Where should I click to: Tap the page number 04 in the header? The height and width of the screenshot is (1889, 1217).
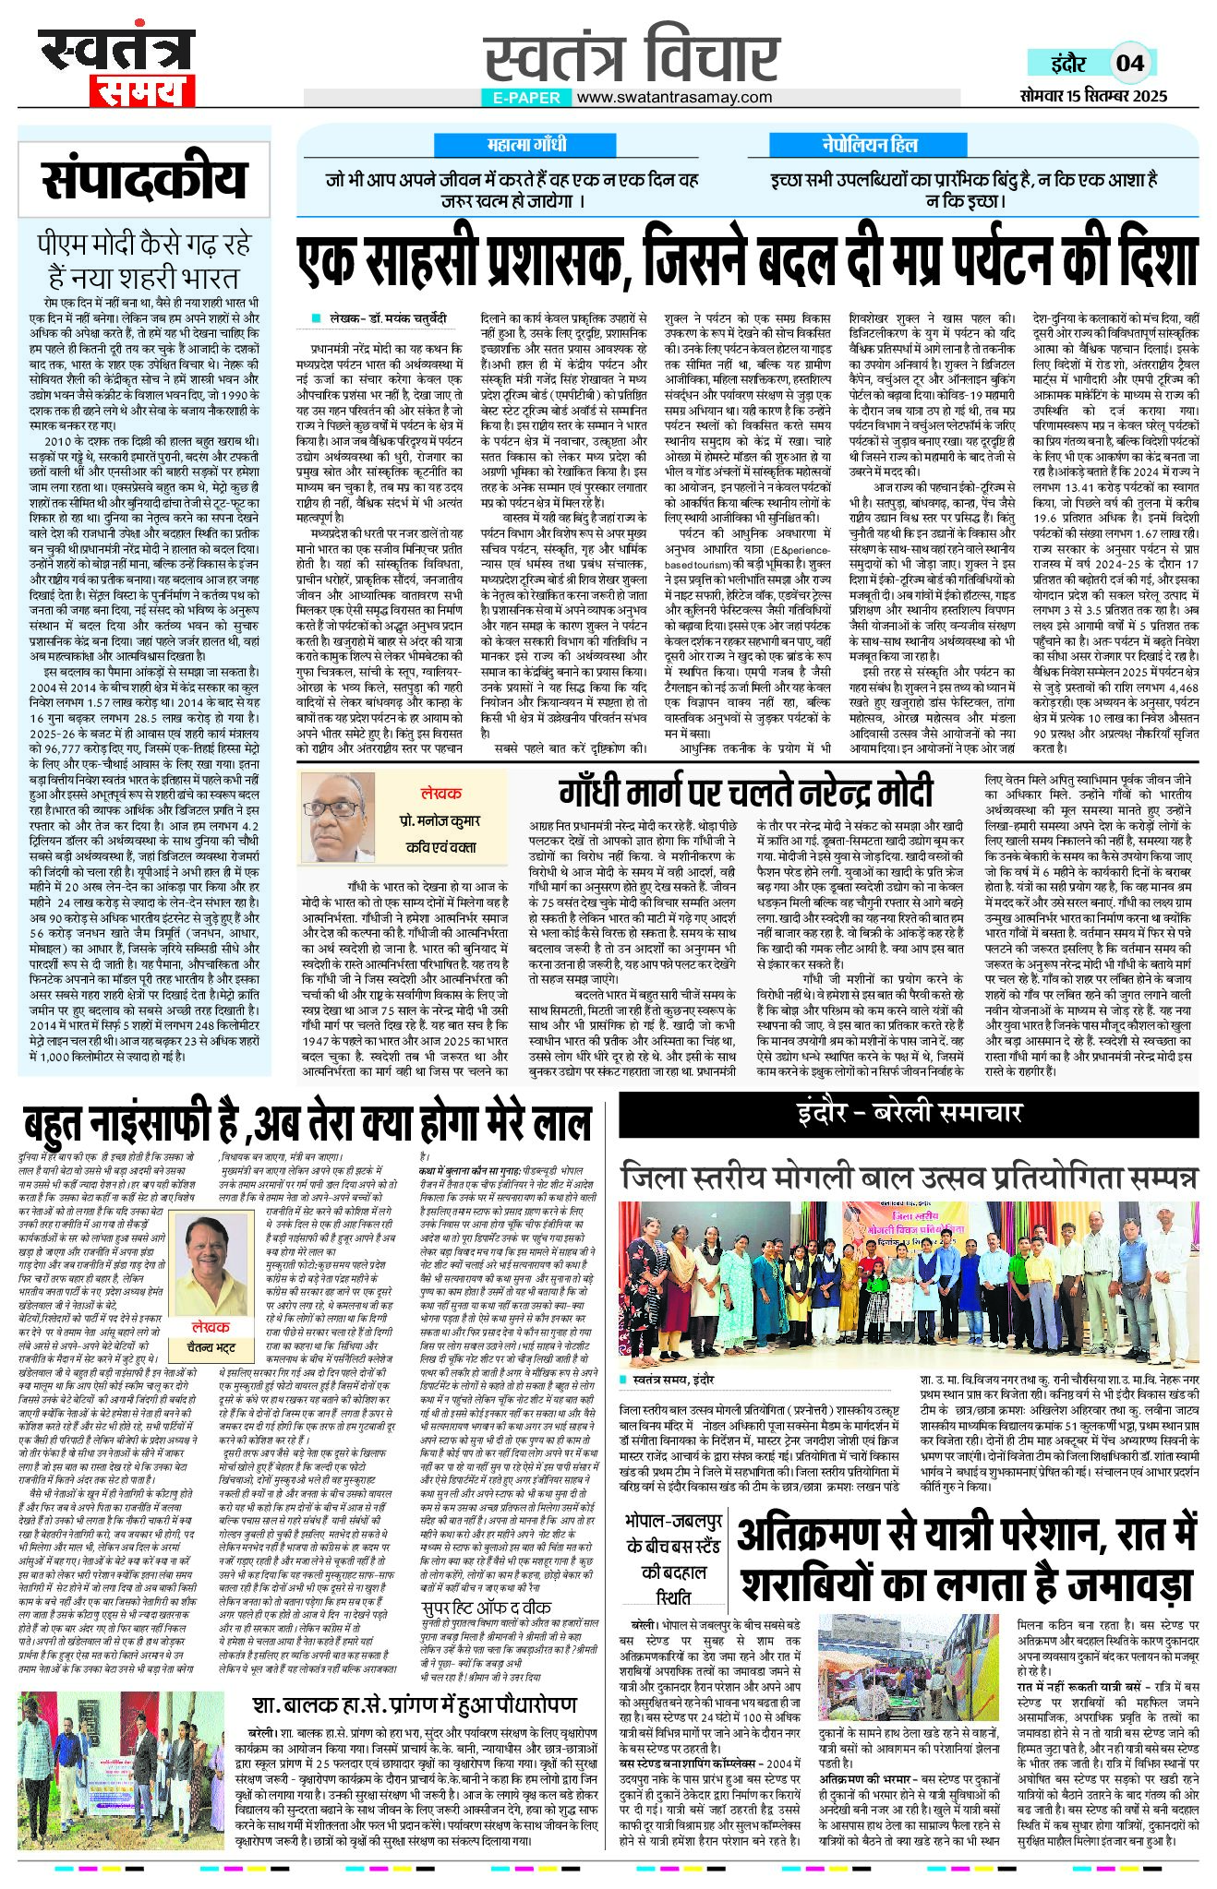click(1130, 63)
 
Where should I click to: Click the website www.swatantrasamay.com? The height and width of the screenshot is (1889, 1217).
click(675, 97)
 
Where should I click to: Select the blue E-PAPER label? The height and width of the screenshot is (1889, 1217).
click(526, 97)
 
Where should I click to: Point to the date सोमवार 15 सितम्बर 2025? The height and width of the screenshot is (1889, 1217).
click(1094, 96)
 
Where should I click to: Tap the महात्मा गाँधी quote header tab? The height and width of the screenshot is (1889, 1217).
click(526, 145)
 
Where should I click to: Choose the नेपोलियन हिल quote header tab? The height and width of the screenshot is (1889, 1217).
click(870, 145)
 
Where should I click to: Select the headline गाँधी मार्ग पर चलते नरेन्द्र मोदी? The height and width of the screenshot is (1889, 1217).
click(745, 792)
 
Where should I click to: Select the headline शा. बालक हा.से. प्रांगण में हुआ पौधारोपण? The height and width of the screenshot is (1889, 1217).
click(415, 1704)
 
